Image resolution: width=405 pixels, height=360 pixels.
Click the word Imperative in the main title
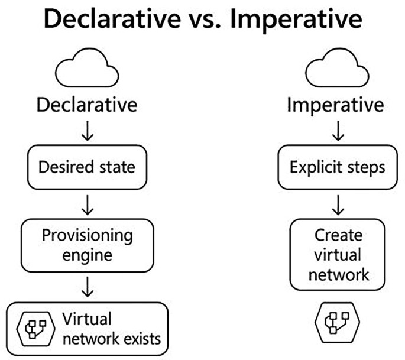[296, 21]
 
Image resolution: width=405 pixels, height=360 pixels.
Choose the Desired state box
[87, 167]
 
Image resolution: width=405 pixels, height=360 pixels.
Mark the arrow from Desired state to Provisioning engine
[88, 204]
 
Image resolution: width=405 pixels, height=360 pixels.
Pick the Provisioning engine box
[87, 245]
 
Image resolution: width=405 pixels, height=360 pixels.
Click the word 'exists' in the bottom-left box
[140, 339]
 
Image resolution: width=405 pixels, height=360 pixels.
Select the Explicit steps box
[337, 167]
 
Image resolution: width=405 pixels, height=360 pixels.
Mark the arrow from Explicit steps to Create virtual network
[337, 204]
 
